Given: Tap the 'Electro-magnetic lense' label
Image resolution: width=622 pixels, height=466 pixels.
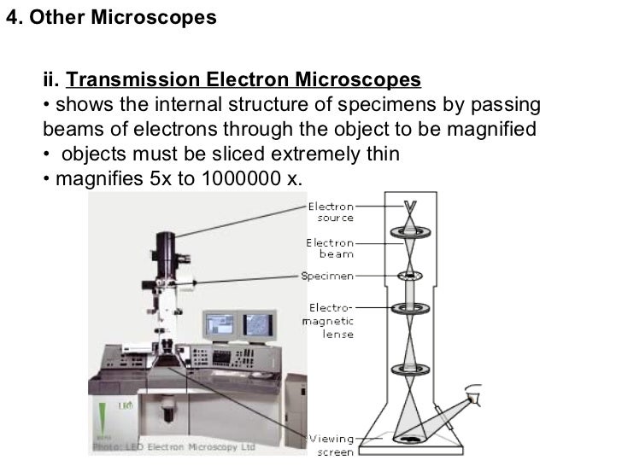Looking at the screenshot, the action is click(326, 321).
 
